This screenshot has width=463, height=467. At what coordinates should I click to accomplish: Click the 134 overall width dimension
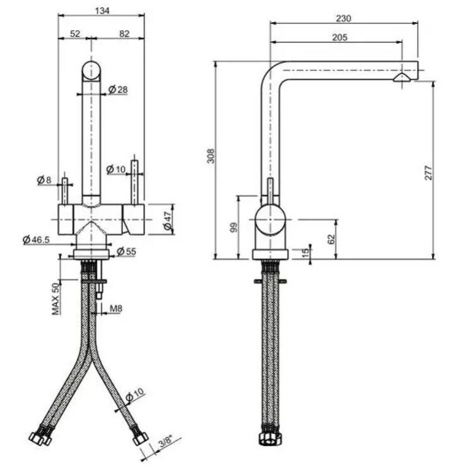tap(102, 11)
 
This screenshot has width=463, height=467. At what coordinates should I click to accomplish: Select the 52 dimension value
tap(75, 33)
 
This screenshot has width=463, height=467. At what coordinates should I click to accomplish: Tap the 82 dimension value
tap(124, 33)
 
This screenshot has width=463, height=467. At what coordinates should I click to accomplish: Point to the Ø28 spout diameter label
tap(118, 90)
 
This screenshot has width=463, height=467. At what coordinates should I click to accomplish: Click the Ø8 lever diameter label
tap(44, 180)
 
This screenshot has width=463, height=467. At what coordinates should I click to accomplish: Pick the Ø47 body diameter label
tap(168, 221)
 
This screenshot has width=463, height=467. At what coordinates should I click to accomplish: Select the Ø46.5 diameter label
tap(36, 239)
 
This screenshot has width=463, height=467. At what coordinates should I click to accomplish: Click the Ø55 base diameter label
tap(126, 251)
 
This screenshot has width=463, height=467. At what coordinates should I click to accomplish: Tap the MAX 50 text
tap(56, 299)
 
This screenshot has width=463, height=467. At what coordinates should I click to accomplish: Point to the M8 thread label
tap(116, 309)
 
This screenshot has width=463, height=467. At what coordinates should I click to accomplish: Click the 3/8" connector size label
tap(166, 441)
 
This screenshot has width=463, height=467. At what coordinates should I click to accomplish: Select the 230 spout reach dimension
tap(344, 18)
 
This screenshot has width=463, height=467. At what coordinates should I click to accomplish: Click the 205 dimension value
tap(340, 37)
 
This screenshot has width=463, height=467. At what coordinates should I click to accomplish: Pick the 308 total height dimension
tap(211, 156)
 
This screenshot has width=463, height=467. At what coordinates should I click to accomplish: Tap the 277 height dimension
tap(428, 173)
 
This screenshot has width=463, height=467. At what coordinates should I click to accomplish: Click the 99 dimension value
tap(234, 227)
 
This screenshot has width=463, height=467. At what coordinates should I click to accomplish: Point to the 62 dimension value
tap(331, 239)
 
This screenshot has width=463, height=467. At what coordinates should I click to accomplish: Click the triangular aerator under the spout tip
tap(402, 78)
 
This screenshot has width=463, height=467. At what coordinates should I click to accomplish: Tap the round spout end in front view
tap(91, 70)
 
